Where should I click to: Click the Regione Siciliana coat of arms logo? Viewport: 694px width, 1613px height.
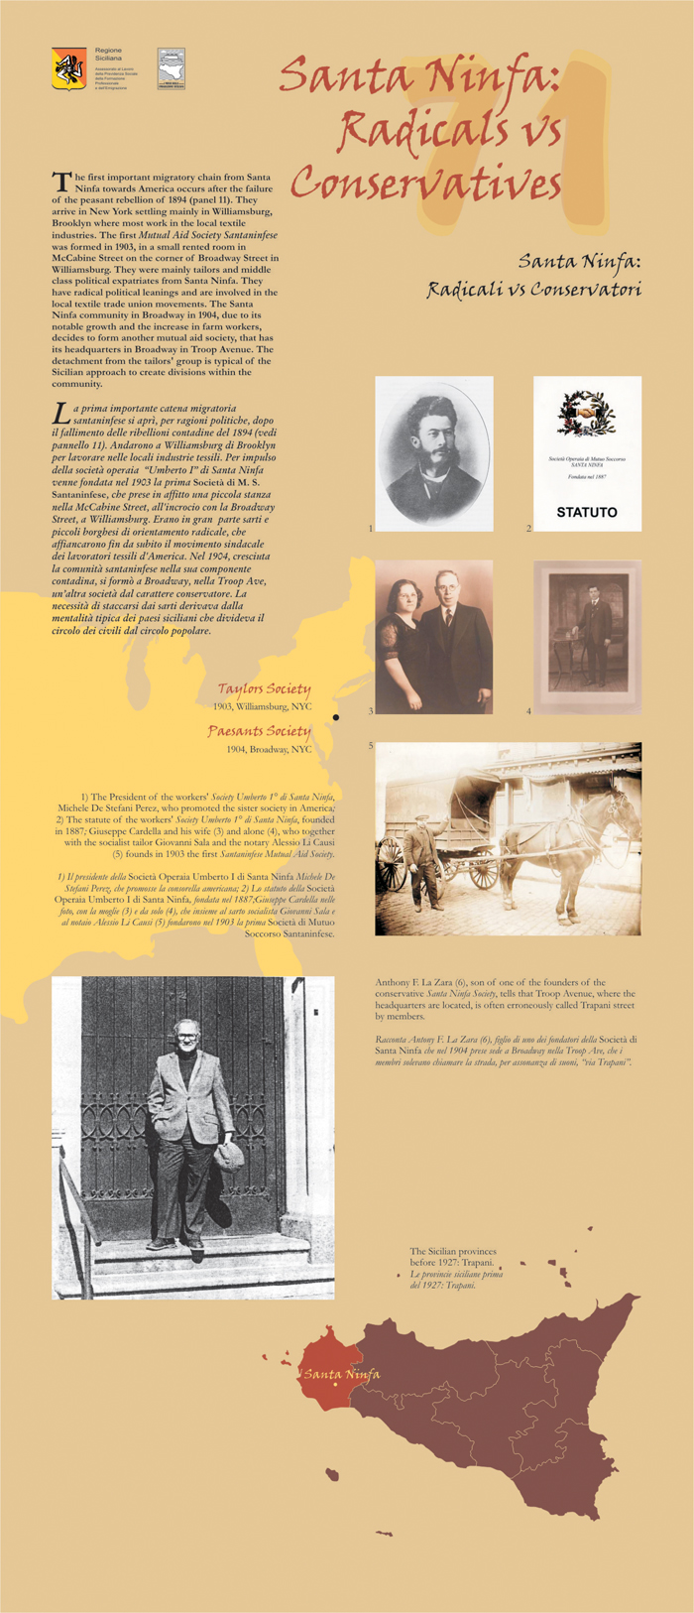pyautogui.click(x=68, y=68)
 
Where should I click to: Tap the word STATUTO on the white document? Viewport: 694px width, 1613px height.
pyautogui.click(x=586, y=513)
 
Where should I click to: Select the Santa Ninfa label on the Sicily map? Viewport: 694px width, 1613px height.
pyautogui.click(x=341, y=1374)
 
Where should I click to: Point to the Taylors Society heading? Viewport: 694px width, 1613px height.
pyautogui.click(x=264, y=688)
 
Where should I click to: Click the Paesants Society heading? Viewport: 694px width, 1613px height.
pyautogui.click(x=259, y=731)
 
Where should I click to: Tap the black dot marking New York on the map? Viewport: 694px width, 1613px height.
pyautogui.click(x=336, y=716)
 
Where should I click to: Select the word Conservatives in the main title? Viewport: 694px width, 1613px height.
pyautogui.click(x=426, y=184)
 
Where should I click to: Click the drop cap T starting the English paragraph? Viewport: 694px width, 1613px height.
pyautogui.click(x=60, y=181)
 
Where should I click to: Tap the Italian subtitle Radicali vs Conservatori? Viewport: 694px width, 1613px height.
pyautogui.click(x=533, y=290)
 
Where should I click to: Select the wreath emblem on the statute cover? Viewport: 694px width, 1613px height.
pyautogui.click(x=587, y=415)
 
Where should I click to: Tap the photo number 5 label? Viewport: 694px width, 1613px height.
pyautogui.click(x=371, y=746)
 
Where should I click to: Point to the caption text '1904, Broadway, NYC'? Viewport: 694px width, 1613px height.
pyautogui.click(x=269, y=750)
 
